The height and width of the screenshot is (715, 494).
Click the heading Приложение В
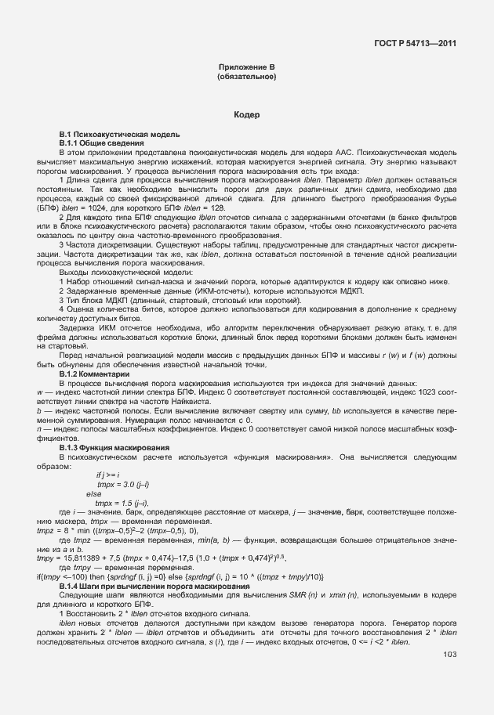pos(246,68)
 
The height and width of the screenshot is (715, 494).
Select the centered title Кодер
pos(246,116)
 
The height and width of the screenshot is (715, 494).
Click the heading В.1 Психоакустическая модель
pos(119,135)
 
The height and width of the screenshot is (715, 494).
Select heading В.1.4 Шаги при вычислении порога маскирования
pos(154,585)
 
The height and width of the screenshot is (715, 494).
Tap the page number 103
pos(449,655)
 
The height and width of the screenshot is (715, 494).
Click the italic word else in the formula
pos(94,493)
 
